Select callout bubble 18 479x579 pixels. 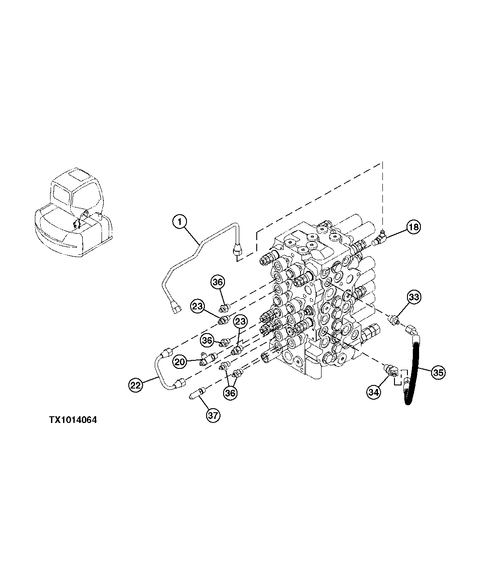point(414,227)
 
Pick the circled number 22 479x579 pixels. point(136,385)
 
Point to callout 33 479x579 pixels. point(414,296)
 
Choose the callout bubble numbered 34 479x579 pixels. point(373,393)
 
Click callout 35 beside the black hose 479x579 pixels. point(438,372)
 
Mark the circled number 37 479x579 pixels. point(213,415)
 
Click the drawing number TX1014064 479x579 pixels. point(73,420)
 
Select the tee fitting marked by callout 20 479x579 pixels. point(208,358)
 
